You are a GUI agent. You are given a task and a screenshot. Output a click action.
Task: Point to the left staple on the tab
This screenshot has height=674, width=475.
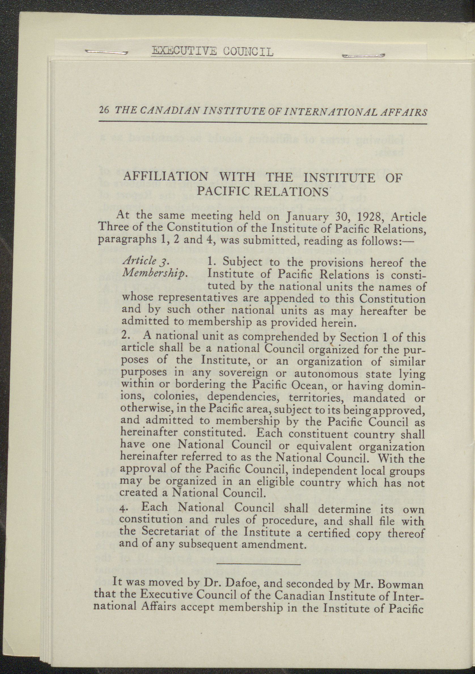coord(106,52)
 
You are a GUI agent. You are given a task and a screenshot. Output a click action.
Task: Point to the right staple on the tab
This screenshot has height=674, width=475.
coord(363,56)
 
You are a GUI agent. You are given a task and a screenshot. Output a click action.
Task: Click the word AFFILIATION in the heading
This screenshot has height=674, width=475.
coord(166,177)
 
